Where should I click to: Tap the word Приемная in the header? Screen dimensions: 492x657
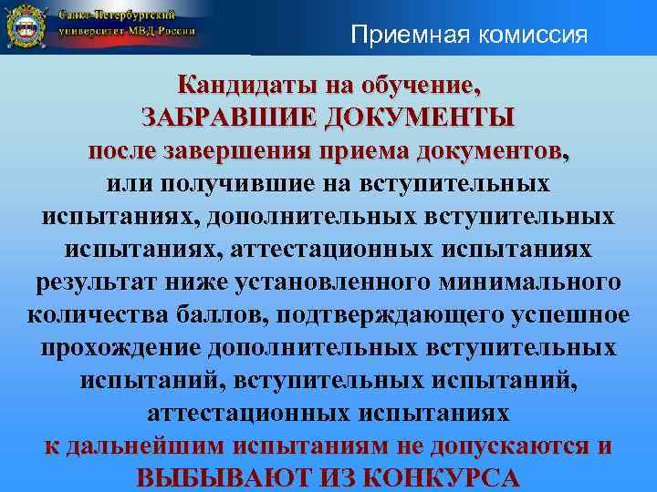397,36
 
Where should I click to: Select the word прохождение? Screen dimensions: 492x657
120,348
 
